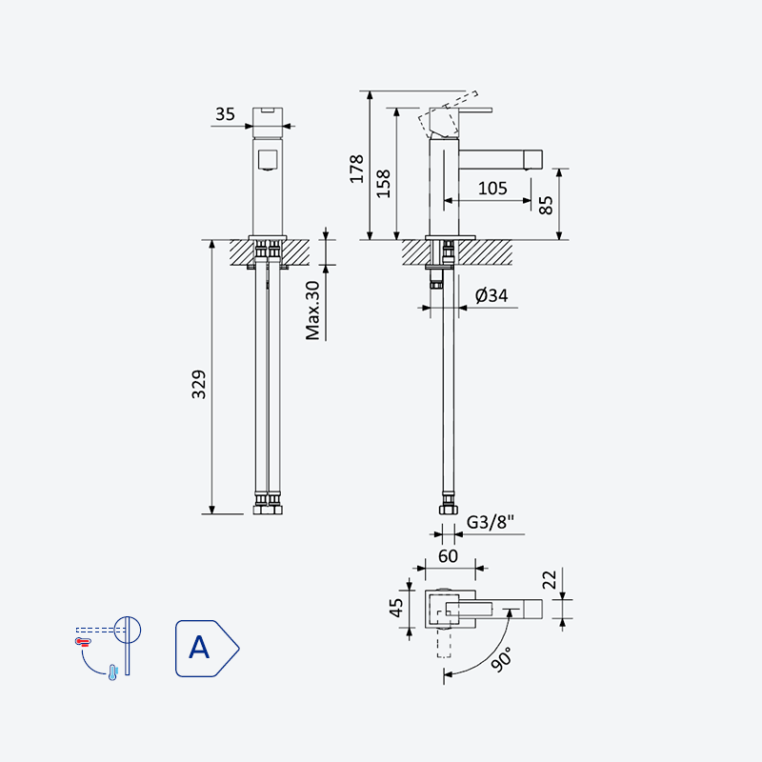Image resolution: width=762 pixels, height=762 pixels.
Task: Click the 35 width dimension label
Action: click(225, 114)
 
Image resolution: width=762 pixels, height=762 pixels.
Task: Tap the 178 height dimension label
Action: click(357, 169)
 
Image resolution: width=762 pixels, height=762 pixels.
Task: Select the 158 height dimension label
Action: click(384, 183)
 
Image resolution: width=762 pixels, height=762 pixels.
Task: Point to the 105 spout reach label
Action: click(492, 188)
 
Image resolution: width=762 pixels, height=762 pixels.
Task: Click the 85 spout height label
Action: click(546, 205)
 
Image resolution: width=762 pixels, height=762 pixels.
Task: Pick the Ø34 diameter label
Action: click(491, 295)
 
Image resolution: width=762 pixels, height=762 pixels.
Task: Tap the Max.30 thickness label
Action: click(312, 311)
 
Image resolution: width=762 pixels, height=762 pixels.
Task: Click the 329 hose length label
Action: click(199, 385)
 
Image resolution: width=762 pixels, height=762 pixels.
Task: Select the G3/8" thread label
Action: click(490, 522)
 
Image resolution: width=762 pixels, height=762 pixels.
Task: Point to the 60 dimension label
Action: click(448, 556)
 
